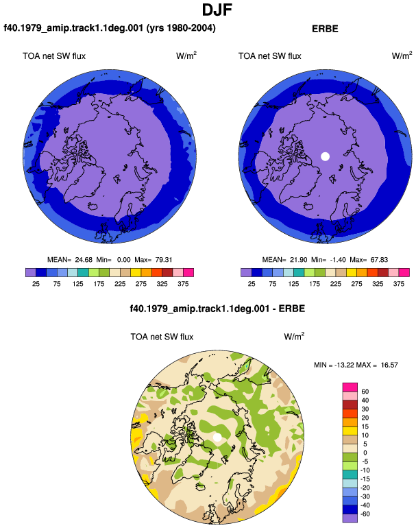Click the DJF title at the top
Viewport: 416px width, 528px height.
pos(217,10)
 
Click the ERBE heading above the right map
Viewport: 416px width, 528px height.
pos(325,29)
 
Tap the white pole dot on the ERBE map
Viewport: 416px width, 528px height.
pos(325,156)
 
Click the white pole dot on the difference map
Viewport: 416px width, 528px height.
pos(217,437)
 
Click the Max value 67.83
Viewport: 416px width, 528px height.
pos(379,260)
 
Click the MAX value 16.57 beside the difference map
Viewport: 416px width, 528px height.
pos(389,365)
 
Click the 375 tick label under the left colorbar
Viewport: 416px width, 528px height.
pos(183,284)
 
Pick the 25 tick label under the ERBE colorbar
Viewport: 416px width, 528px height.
pos(252,284)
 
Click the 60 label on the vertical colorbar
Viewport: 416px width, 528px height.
pos(365,392)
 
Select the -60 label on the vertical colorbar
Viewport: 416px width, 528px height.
pos(365,514)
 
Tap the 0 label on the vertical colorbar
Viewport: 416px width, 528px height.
pos(365,453)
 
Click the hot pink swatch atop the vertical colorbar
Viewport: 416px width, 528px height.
pos(350,387)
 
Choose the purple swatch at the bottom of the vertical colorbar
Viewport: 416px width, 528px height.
pos(350,518)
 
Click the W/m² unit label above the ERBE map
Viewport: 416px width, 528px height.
pos(402,56)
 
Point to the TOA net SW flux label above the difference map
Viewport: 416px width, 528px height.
pos(162,337)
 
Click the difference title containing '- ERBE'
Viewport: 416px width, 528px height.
pos(217,309)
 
